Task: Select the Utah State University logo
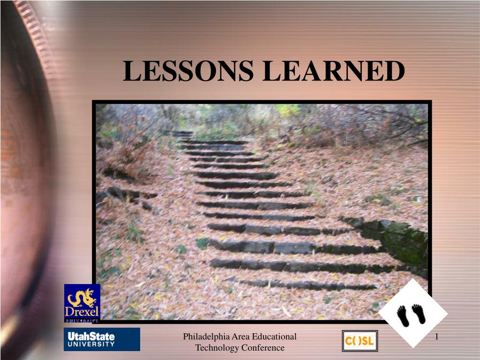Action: point(102,339)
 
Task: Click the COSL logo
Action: point(360,341)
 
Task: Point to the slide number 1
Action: point(436,337)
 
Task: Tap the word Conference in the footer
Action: point(263,348)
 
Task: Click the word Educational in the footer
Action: point(274,337)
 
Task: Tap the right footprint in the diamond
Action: point(418,314)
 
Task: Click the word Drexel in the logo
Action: point(82,312)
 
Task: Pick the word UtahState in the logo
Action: point(92,336)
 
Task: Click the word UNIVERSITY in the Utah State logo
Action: point(92,344)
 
